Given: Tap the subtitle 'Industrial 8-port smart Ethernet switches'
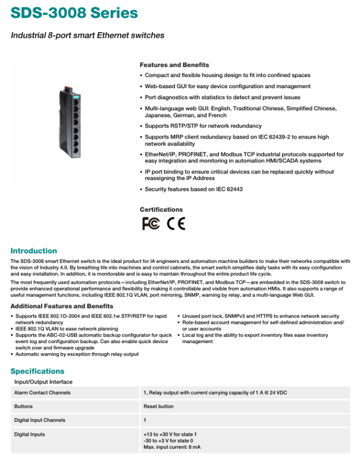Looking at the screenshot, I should [88, 35].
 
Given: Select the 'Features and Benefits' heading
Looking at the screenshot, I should [174, 65].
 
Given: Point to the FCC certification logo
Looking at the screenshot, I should [151, 223].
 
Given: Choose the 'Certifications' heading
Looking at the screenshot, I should [161, 210].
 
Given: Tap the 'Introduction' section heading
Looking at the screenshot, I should [34, 251].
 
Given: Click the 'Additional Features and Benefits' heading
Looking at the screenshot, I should [62, 306].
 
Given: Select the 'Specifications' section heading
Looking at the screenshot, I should [37, 371].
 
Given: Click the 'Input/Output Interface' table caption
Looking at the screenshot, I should [43, 382].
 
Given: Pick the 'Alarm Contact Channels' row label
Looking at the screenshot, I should [42, 392].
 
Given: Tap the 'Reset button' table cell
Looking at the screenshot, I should [158, 406].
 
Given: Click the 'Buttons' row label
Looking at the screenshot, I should [23, 406].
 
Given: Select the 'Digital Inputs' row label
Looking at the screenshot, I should [29, 434].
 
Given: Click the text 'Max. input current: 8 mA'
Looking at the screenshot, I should [172, 446].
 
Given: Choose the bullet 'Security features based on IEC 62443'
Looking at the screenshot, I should [193, 189].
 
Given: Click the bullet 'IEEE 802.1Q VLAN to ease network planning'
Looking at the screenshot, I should [66, 329].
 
